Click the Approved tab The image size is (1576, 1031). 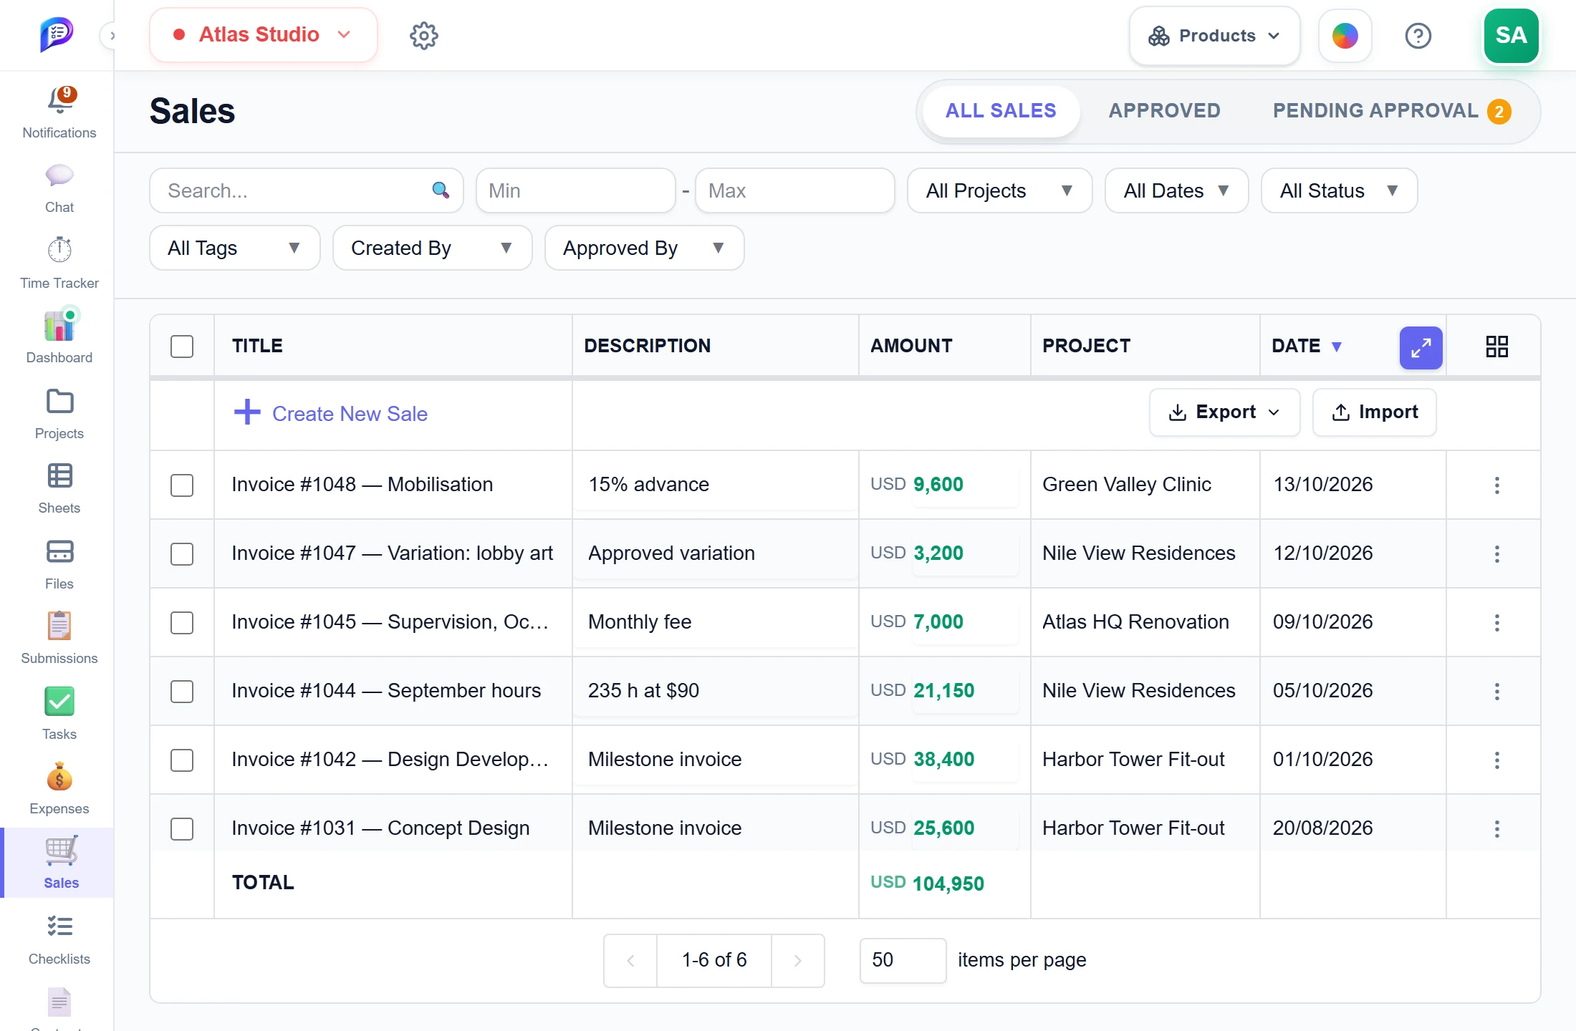(x=1164, y=111)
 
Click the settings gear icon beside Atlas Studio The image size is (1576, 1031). (x=423, y=35)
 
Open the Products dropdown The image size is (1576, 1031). (x=1214, y=36)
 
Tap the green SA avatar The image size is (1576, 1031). (x=1511, y=36)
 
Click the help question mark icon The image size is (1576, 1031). (x=1418, y=36)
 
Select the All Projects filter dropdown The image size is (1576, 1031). (x=999, y=190)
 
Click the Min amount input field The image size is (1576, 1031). (x=576, y=190)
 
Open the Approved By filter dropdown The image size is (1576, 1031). (x=644, y=248)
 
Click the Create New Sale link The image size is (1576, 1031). (x=331, y=413)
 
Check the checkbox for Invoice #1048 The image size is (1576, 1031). (x=182, y=485)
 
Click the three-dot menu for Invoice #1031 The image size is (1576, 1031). (x=1496, y=828)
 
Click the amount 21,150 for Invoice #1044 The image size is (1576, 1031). (x=943, y=690)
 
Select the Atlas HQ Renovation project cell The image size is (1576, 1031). (x=1135, y=621)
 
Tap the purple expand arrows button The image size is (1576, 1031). (x=1421, y=347)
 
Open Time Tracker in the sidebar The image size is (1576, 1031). (x=59, y=263)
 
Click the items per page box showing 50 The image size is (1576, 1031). (x=903, y=960)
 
